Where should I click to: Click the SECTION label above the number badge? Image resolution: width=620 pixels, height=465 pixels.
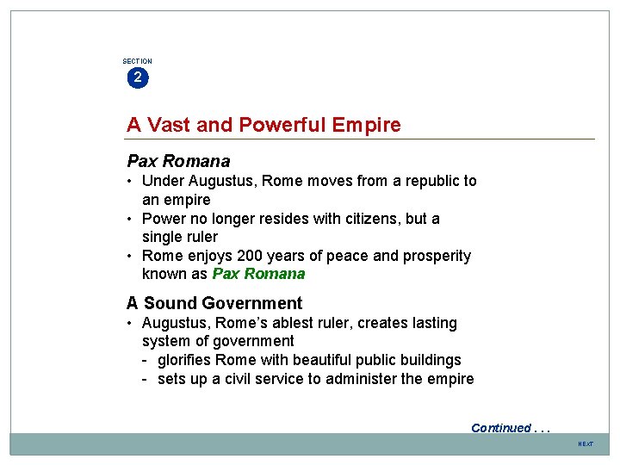(137, 61)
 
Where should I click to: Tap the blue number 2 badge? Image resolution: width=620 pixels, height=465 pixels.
(137, 77)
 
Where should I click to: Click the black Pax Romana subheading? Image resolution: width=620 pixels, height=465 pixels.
(178, 161)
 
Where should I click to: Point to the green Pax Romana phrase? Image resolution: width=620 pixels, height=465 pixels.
(258, 274)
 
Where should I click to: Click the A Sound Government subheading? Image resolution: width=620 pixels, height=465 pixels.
(214, 303)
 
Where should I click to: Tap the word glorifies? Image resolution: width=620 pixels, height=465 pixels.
(184, 360)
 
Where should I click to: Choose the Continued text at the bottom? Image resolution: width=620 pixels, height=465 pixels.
(501, 428)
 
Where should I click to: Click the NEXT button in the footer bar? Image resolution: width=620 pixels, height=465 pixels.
(586, 443)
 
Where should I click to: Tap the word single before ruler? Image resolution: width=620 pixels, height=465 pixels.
(163, 237)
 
